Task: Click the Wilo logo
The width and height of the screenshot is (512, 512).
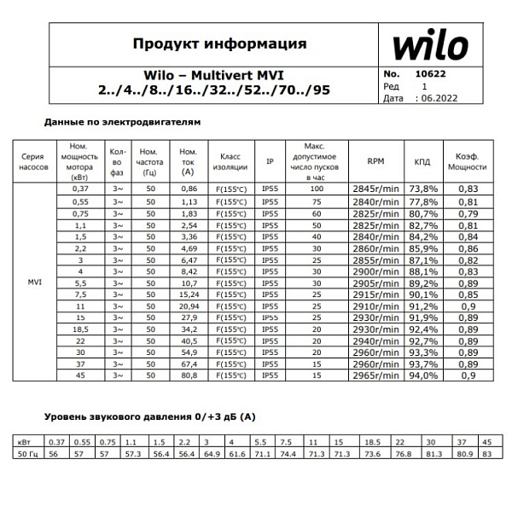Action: click(431, 45)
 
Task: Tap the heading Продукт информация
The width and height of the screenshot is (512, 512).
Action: click(219, 44)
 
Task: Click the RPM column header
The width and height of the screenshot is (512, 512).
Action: click(376, 161)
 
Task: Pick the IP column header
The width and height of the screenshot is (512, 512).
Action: click(270, 161)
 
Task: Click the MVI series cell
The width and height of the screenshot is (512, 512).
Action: click(35, 282)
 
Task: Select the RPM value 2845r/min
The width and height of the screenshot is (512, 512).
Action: click(376, 188)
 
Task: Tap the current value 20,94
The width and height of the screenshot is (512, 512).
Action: click(189, 305)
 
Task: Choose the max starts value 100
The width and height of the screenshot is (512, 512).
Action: click(317, 188)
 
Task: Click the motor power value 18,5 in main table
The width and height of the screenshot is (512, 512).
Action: click(81, 328)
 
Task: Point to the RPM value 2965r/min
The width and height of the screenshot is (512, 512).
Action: click(376, 375)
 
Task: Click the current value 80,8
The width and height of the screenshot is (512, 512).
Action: click(189, 375)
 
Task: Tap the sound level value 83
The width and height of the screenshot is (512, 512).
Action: click(487, 455)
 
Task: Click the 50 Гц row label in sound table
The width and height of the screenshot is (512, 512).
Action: click(29, 455)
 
